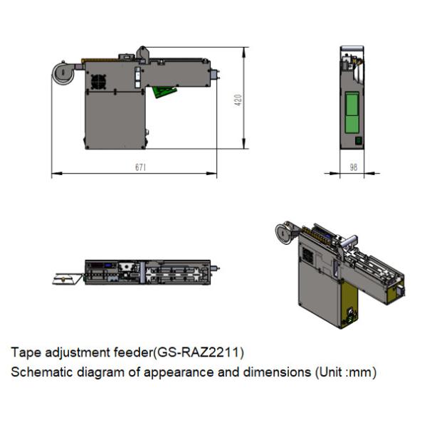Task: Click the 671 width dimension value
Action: point(140,167)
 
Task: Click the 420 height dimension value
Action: point(239,100)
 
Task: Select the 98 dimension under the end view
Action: point(352,167)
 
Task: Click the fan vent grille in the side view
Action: point(98,82)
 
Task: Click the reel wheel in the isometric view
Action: point(284,233)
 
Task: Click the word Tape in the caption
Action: point(23,352)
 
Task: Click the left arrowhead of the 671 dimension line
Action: point(54,174)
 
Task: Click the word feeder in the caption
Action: point(135,352)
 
